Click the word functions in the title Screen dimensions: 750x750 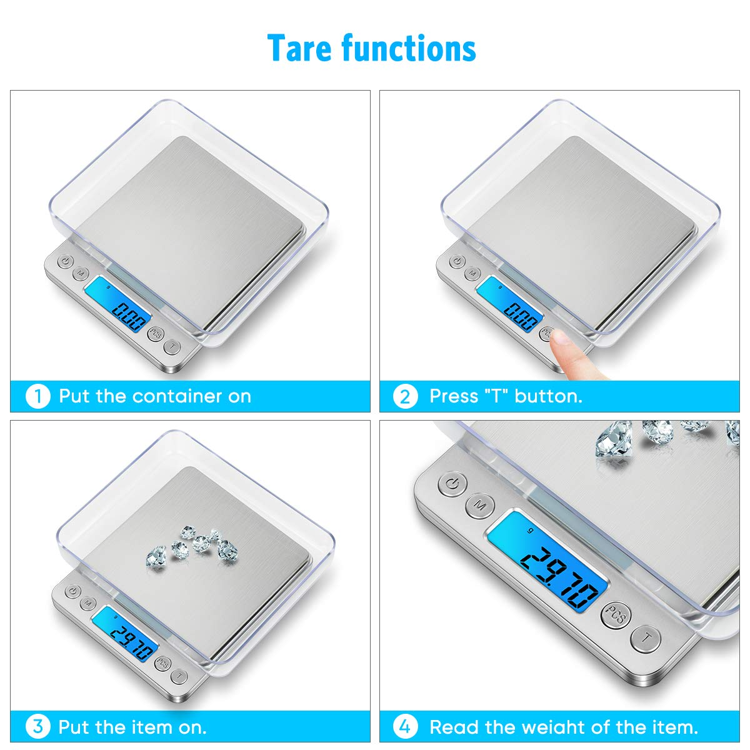[409, 48]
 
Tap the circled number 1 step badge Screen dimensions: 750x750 [37, 397]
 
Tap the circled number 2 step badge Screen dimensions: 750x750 [405, 397]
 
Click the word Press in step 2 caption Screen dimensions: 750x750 [453, 397]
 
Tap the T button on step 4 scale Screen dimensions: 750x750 [645, 638]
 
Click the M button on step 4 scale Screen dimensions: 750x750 [480, 506]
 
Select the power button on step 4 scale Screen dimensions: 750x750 [452, 484]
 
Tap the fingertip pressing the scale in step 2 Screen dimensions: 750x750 [562, 338]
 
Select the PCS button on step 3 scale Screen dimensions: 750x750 [162, 662]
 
